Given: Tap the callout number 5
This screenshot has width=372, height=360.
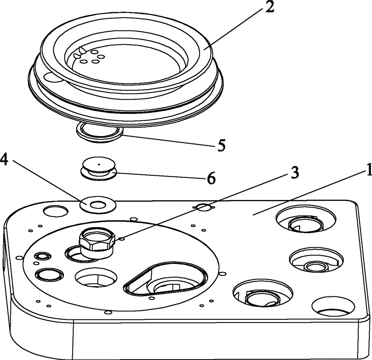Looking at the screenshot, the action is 220,145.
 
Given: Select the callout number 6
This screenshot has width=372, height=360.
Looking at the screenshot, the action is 211,178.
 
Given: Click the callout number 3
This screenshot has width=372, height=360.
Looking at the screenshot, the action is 294,173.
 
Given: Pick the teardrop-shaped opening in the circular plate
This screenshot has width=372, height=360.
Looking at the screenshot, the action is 166,278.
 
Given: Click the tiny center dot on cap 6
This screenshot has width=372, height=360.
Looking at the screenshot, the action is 99,163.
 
